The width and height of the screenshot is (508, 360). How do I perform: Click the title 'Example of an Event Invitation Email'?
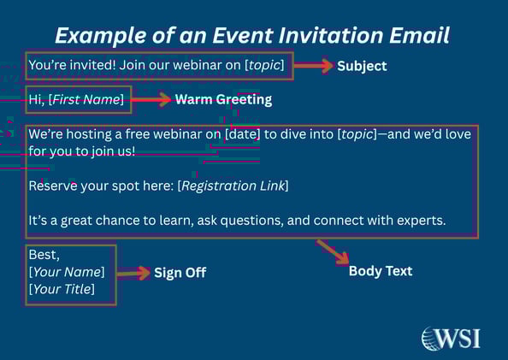(253, 35)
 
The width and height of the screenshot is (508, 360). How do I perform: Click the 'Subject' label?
(362, 66)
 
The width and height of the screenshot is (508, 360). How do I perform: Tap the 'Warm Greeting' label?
(223, 99)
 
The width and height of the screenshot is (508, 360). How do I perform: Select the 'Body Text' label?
(381, 271)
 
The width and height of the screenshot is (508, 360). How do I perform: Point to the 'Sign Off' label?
(180, 274)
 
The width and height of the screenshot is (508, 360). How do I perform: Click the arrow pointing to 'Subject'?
(314, 66)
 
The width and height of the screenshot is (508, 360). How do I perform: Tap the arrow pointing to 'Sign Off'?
(133, 274)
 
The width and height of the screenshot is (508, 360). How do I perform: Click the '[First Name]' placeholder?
(86, 100)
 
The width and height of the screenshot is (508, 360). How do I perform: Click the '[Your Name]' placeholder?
(67, 272)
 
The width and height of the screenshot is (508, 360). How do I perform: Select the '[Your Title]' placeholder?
(62, 289)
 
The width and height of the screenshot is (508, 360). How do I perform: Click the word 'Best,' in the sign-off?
(42, 255)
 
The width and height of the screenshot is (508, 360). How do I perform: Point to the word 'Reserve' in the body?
(52, 186)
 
